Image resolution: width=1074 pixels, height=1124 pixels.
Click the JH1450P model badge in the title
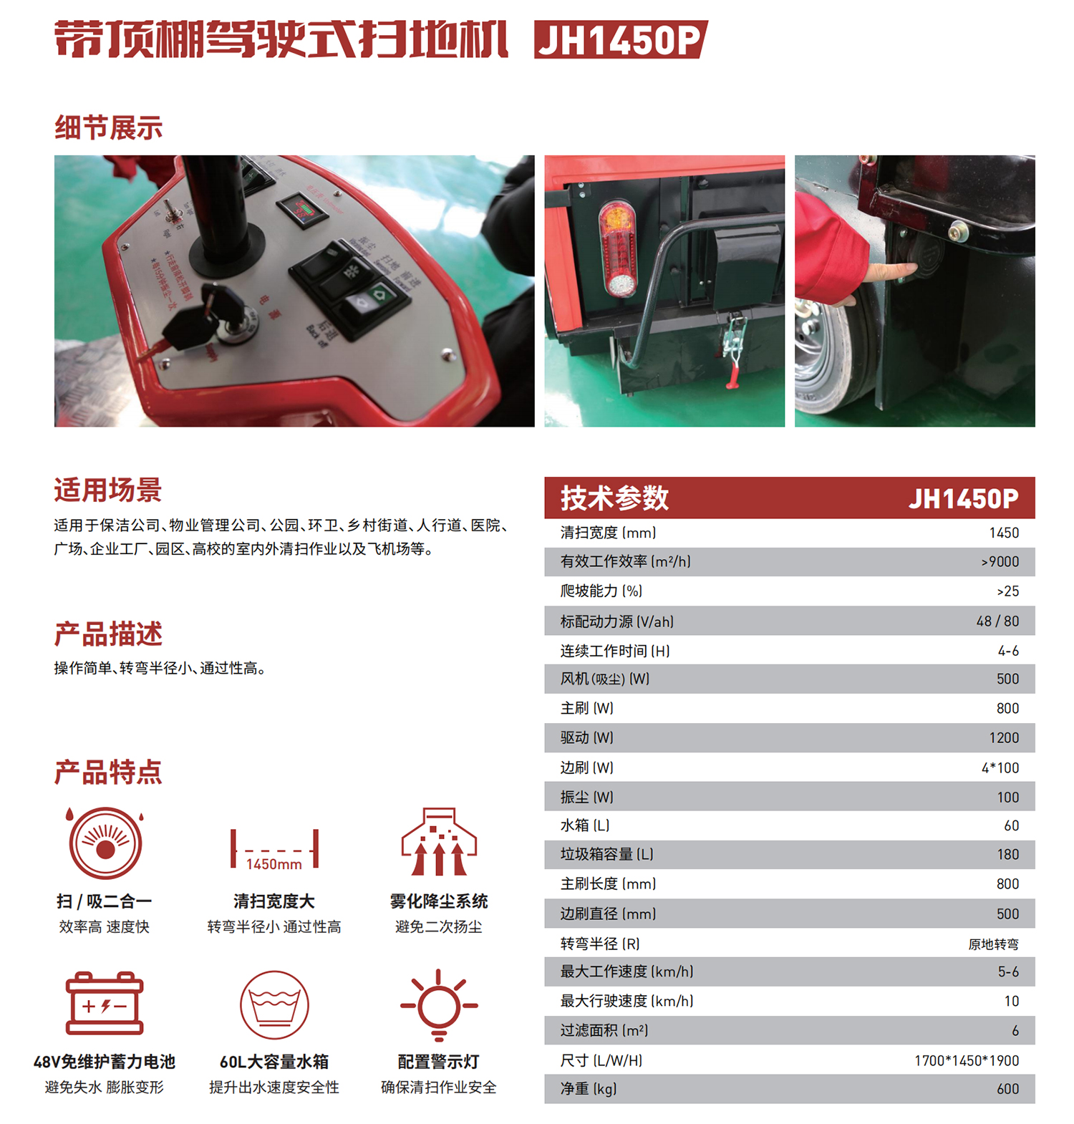(620, 39)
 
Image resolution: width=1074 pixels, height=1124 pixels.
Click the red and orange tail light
(618, 248)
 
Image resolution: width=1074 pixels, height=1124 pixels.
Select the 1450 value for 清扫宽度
(1004, 533)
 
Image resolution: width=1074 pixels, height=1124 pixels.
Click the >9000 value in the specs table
(1000, 562)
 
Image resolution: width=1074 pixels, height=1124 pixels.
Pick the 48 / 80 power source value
(997, 621)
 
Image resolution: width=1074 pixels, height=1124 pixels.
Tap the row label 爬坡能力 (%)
(601, 591)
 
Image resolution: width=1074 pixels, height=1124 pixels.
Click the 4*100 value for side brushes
(1000, 767)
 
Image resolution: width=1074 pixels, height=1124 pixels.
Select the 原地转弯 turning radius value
(993, 944)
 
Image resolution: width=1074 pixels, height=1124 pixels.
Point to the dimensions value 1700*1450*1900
(967, 1060)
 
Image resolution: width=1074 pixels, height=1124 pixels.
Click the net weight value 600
(1007, 1089)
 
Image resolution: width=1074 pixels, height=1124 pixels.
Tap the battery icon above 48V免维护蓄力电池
(105, 1003)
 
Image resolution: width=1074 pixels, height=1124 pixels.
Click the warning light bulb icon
(438, 1005)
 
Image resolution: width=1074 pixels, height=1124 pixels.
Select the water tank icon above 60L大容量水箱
(274, 1004)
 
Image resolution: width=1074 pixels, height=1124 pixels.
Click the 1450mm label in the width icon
(274, 864)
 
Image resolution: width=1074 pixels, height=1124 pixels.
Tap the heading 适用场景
(108, 490)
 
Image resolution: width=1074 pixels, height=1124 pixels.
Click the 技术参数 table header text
(614, 498)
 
